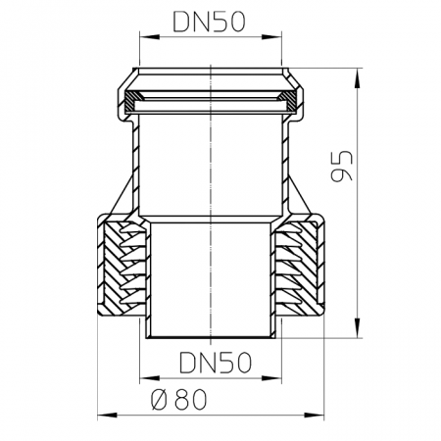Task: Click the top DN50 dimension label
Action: [209, 22]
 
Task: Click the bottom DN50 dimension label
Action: [216, 363]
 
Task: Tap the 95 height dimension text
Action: [342, 166]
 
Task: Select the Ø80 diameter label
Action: [179, 399]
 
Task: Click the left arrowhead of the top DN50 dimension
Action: [150, 36]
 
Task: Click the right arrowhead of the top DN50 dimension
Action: [271, 36]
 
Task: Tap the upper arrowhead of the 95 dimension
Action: [358, 78]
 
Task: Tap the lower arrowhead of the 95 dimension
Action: [358, 327]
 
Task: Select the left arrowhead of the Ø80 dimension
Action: [108, 416]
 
